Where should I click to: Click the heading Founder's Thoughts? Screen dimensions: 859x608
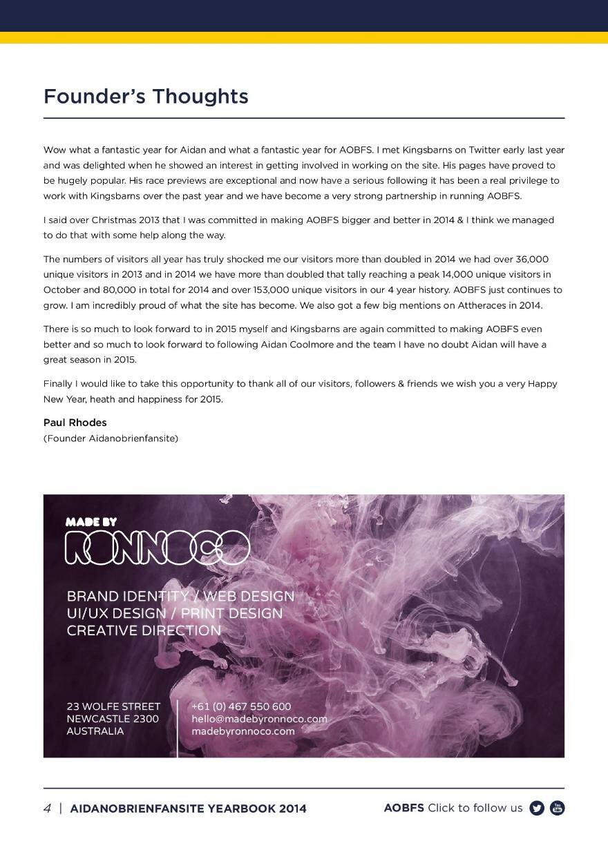click(x=146, y=96)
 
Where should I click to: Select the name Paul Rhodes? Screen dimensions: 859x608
click(x=75, y=423)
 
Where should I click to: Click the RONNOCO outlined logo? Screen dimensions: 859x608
click(x=157, y=548)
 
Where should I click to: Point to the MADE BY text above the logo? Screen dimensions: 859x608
click(x=91, y=522)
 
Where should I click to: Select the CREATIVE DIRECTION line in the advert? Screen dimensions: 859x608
click(x=144, y=630)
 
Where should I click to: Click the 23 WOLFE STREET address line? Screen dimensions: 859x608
click(x=113, y=706)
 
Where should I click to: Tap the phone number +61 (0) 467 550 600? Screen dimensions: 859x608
click(x=241, y=706)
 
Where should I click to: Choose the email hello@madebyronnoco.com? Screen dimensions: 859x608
click(x=259, y=719)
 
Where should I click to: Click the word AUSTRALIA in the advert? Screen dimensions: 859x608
click(x=95, y=731)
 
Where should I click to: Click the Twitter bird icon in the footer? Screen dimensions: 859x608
click(x=537, y=808)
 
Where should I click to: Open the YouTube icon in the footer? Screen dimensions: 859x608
click(x=557, y=808)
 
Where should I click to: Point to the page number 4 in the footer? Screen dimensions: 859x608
click(x=47, y=809)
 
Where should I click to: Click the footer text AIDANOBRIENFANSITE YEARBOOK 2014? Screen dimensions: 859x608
click(x=188, y=809)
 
